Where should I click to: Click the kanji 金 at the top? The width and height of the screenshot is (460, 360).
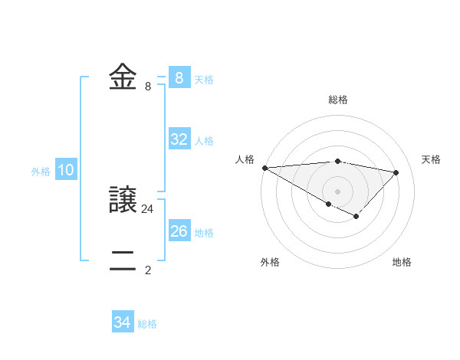click(x=123, y=77)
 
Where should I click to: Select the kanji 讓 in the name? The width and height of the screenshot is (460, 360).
click(x=123, y=200)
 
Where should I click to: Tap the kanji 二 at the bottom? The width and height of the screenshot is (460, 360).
click(x=123, y=260)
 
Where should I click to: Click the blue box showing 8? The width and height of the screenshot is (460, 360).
click(x=179, y=78)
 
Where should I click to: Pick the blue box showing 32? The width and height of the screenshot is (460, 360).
click(x=179, y=139)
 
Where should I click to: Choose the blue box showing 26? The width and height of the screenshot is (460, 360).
click(x=179, y=231)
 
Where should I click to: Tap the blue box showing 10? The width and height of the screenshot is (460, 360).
click(x=66, y=171)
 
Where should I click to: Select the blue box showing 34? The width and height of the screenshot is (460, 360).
click(x=123, y=322)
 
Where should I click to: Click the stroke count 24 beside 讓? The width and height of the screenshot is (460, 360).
click(x=148, y=208)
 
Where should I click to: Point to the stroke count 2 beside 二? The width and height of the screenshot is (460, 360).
click(x=148, y=270)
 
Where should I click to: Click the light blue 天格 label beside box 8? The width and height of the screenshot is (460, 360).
click(x=204, y=79)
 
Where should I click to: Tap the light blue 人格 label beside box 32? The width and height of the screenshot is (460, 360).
click(x=204, y=141)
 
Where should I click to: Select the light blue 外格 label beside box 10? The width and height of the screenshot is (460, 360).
click(x=41, y=172)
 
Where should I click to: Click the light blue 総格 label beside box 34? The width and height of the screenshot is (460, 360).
click(x=147, y=324)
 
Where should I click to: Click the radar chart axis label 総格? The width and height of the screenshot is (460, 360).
click(x=337, y=100)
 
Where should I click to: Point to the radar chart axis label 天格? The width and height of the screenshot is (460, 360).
click(x=431, y=159)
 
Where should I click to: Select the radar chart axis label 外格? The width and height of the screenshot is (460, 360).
click(x=270, y=262)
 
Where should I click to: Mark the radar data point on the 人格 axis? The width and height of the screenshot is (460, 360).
click(x=264, y=168)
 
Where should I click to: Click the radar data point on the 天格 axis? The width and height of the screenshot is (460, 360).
click(x=396, y=172)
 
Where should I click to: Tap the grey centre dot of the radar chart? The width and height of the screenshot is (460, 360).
click(x=337, y=191)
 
